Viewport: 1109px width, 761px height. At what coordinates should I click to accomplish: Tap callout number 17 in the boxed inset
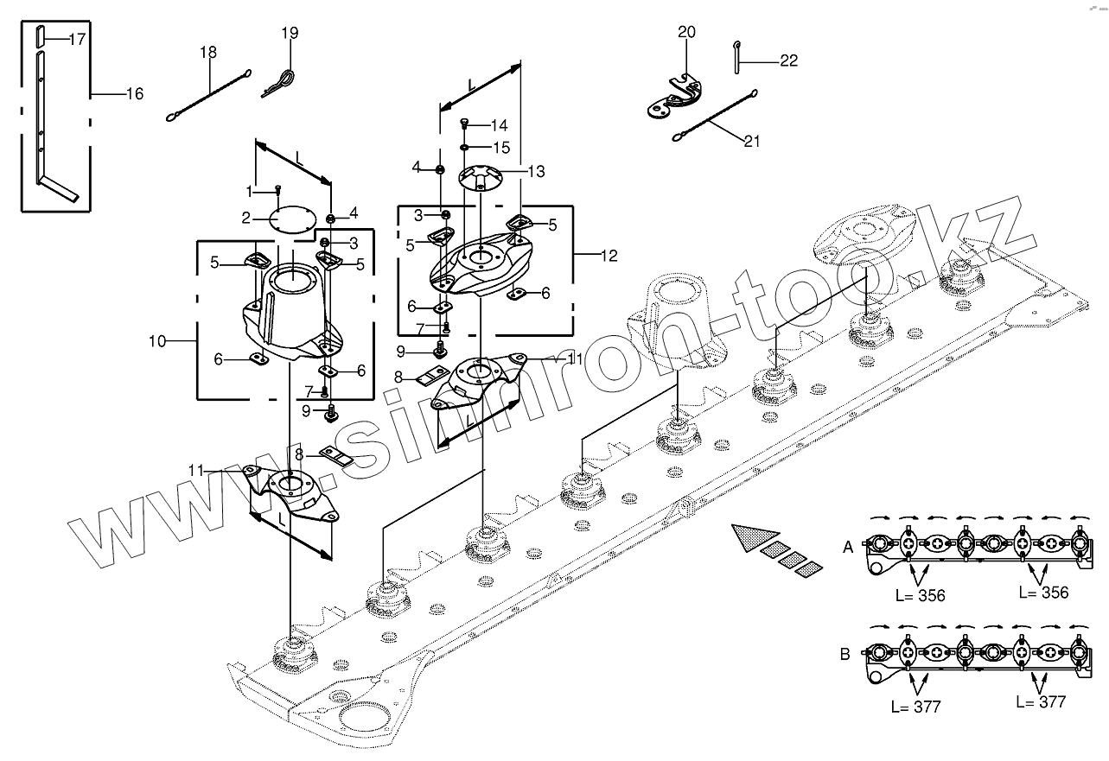(76, 39)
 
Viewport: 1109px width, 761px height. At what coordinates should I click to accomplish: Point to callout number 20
(685, 33)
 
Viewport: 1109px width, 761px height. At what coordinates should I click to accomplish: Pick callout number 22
(787, 60)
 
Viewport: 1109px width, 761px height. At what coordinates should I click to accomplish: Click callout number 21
(751, 141)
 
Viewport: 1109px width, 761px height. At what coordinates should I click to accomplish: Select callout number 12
(609, 256)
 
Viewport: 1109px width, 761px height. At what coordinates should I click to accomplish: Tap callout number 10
(156, 341)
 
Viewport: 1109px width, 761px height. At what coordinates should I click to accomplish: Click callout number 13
(536, 172)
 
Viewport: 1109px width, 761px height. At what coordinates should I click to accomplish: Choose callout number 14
(499, 125)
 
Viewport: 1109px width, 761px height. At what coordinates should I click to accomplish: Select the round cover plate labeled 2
(290, 219)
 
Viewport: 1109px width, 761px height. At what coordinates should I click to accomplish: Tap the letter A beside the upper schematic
(848, 547)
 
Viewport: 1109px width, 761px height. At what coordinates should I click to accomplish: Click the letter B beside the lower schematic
(844, 654)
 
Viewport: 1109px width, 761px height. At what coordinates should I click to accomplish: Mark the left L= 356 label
(919, 595)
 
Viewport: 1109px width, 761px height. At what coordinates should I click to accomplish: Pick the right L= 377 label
(1042, 701)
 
